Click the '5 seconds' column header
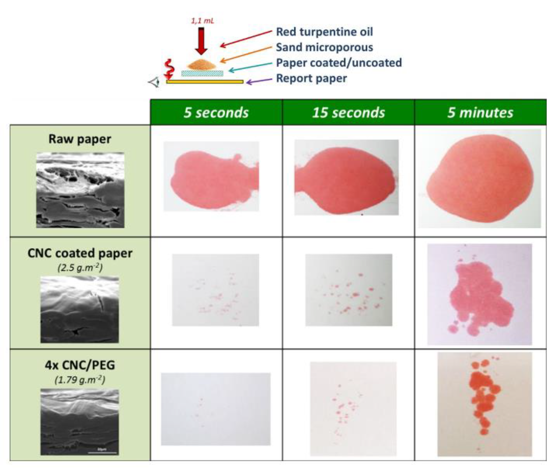click(x=216, y=112)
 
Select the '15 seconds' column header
click(x=348, y=112)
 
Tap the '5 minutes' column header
click(x=480, y=112)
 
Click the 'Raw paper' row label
click(x=80, y=139)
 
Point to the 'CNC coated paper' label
click(x=80, y=253)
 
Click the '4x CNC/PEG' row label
click(x=80, y=365)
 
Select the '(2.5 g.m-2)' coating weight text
click(x=80, y=267)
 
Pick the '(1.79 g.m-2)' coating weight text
click(x=80, y=380)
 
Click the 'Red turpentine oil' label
click(x=324, y=32)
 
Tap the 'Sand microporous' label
click(x=324, y=47)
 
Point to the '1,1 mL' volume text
click(x=203, y=21)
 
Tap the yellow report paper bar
click(x=205, y=82)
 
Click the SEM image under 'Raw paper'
click(x=80, y=190)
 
